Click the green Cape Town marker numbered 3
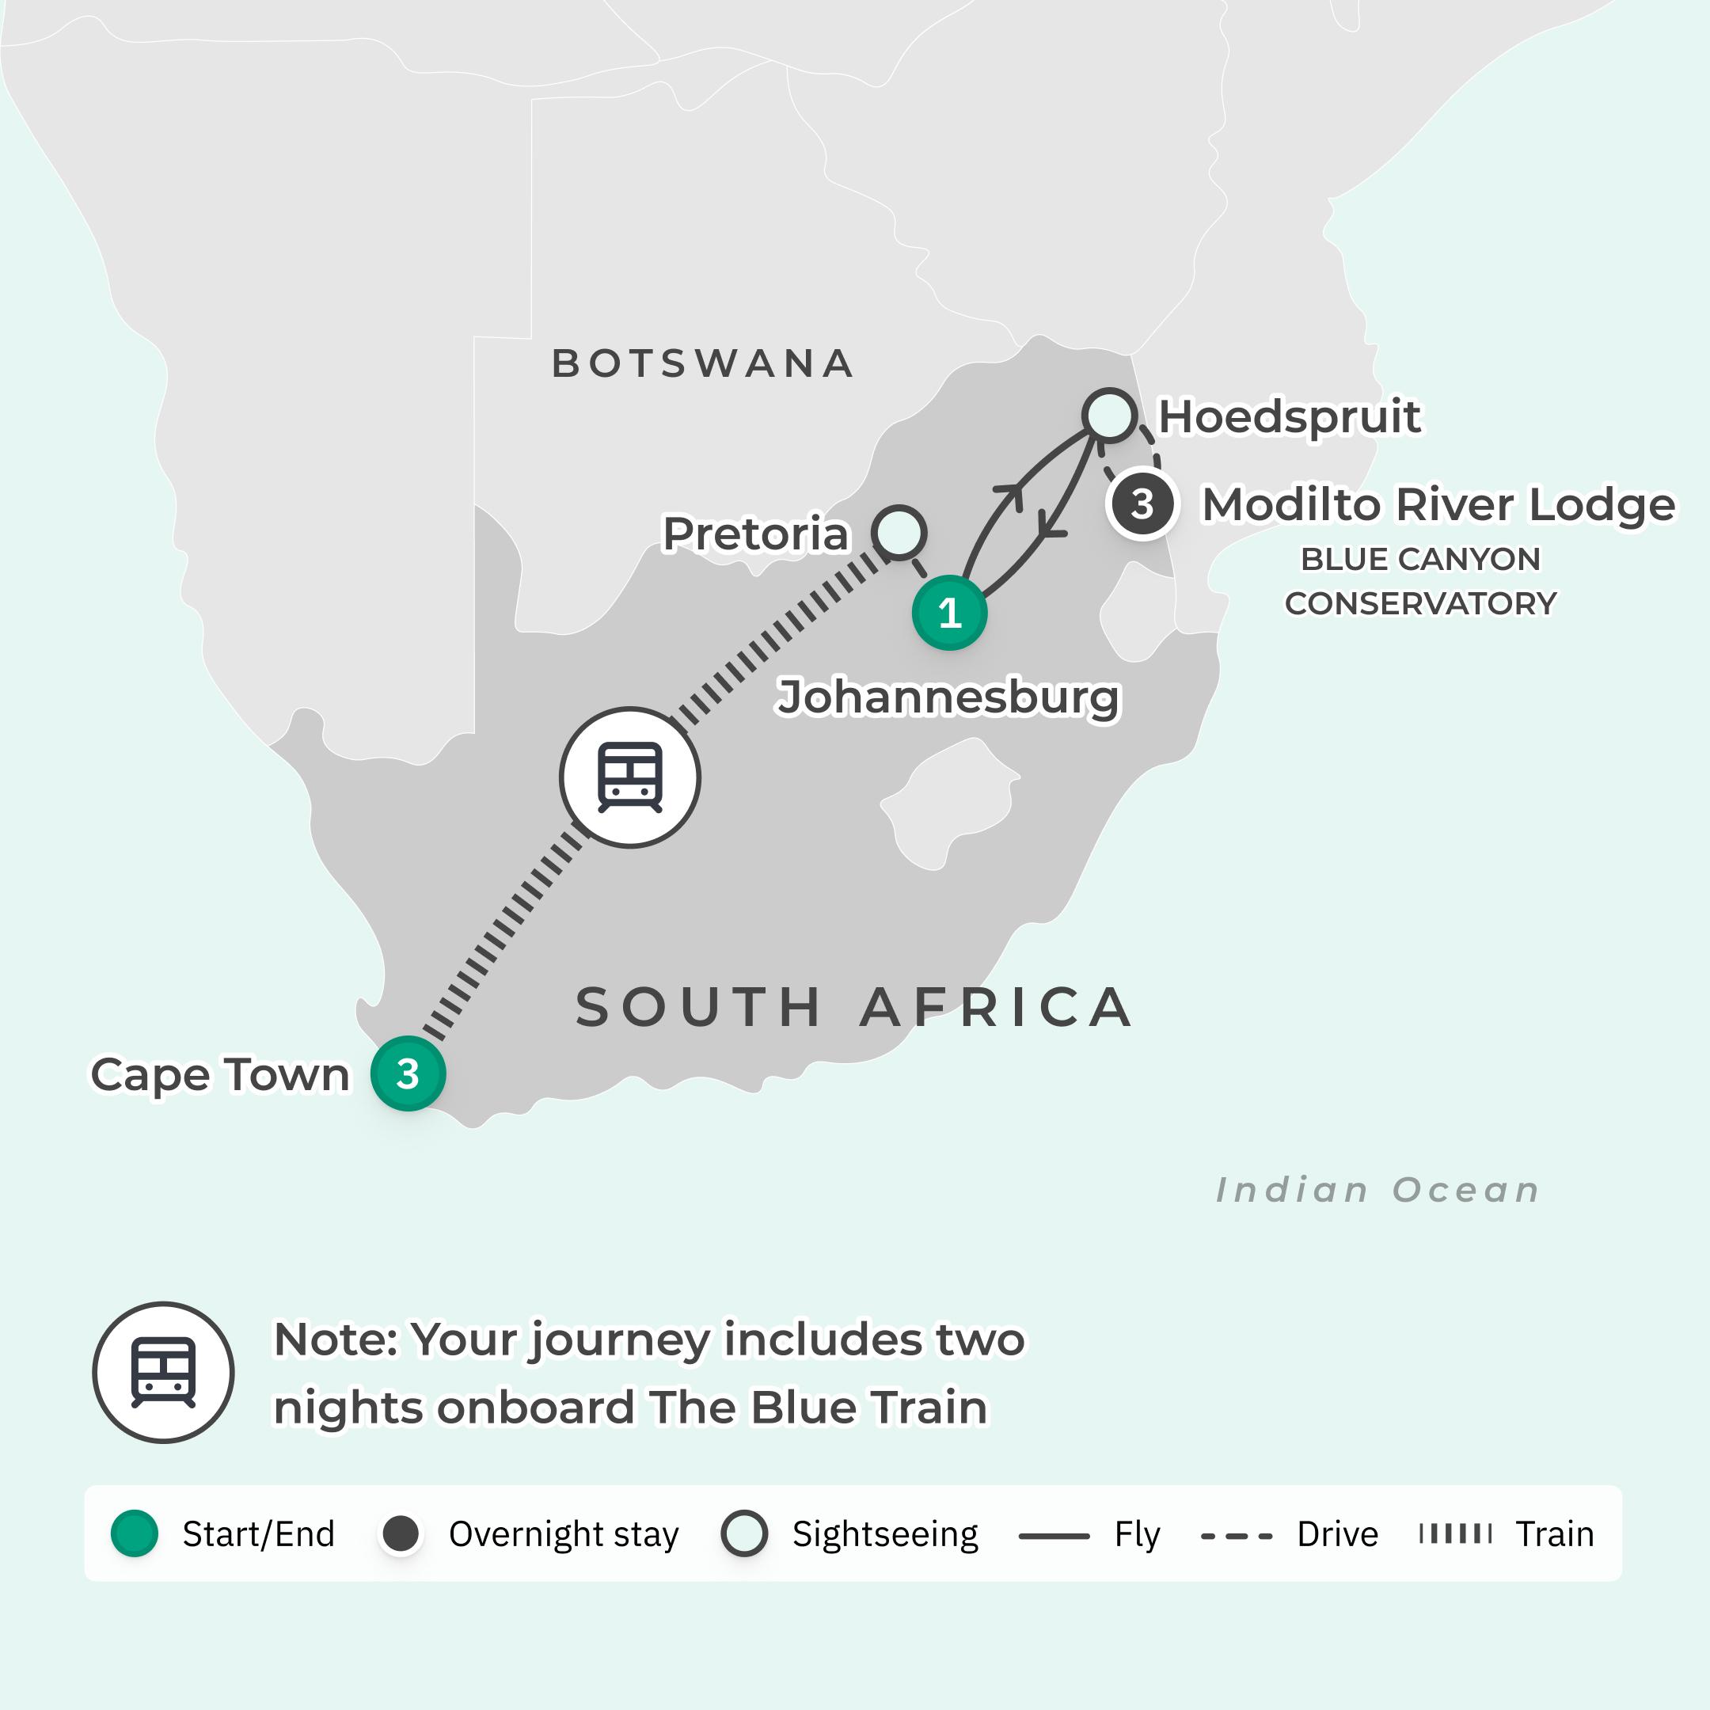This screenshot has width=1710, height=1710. pyautogui.click(x=407, y=1073)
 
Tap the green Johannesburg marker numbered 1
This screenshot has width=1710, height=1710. pyautogui.click(x=949, y=613)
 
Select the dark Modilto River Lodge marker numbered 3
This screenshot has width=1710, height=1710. pyautogui.click(x=1142, y=503)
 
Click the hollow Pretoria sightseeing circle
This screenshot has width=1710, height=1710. pyautogui.click(x=899, y=532)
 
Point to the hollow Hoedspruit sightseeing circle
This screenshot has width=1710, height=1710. pyautogui.click(x=1109, y=414)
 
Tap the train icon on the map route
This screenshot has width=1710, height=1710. pyautogui.click(x=629, y=777)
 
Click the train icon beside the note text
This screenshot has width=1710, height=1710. pyautogui.click(x=163, y=1372)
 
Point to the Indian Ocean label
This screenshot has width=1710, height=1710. pyautogui.click(x=1377, y=1190)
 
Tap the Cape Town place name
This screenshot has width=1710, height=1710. pyautogui.click(x=220, y=1074)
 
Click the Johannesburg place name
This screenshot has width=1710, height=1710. pyautogui.click(x=948, y=697)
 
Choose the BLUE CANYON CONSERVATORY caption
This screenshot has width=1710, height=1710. pyautogui.click(x=1419, y=580)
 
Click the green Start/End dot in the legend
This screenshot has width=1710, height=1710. pyautogui.click(x=135, y=1534)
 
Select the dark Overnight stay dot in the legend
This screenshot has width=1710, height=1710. pyautogui.click(x=400, y=1534)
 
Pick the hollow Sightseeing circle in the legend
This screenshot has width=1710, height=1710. pyautogui.click(x=743, y=1534)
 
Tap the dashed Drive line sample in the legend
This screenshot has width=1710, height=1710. pyautogui.click(x=1236, y=1536)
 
